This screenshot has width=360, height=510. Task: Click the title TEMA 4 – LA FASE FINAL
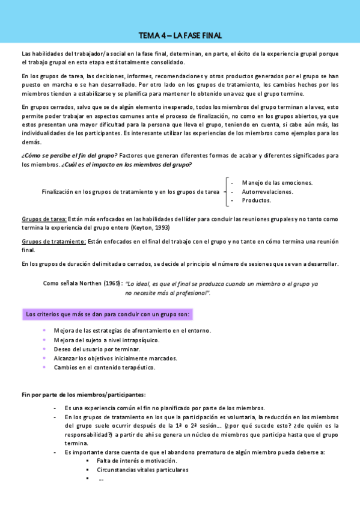[x=180, y=36]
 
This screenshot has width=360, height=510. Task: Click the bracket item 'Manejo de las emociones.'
[x=276, y=183]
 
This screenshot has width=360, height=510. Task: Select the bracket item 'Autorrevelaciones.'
[x=267, y=191]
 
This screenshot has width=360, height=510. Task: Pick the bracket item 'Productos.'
[x=256, y=200]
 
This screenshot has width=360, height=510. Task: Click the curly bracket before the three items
[x=226, y=191]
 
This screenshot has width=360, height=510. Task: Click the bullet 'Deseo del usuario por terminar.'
[x=97, y=349]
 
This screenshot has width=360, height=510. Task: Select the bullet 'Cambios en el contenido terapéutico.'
[x=105, y=367]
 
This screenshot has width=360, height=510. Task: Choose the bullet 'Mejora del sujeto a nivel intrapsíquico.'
[x=106, y=340]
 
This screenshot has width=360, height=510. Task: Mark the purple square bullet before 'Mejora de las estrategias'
[x=44, y=331]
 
